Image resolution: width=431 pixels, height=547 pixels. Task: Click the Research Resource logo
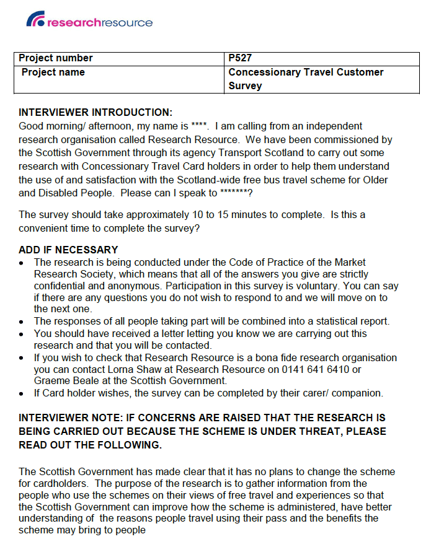(x=89, y=22)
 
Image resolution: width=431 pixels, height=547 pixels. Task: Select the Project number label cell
(x=56, y=58)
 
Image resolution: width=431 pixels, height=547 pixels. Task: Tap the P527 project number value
(x=241, y=58)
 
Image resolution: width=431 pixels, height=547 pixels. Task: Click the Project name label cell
(x=53, y=72)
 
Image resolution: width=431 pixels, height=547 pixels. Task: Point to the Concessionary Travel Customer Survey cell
(x=306, y=79)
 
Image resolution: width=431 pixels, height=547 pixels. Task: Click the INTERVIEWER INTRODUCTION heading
(x=96, y=112)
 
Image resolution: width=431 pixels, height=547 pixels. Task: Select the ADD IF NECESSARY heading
(x=68, y=250)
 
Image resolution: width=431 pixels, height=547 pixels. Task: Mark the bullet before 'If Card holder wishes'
(x=22, y=393)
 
